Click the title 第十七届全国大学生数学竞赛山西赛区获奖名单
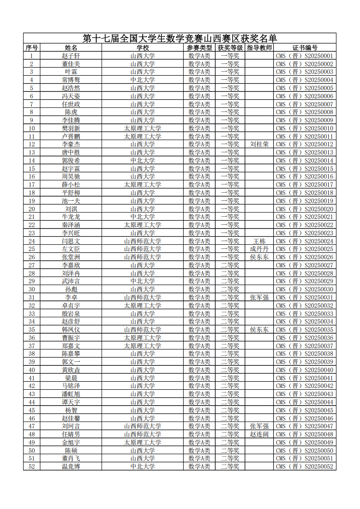pos(180,39)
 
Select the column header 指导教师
pos(259,48)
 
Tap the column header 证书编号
pos(305,48)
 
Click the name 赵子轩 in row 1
pos(71,56)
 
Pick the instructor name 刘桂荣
pos(259,144)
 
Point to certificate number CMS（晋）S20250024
pos(305,241)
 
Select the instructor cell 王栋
pos(259,241)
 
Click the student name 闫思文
pos(71,241)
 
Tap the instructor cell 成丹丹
pos(259,249)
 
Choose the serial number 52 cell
pos(32,466)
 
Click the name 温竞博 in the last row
pos(71,466)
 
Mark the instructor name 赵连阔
pos(259,434)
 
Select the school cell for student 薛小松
pos(143,184)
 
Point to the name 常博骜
pos(71,80)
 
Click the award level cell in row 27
pos(230,265)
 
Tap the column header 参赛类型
pos(199,48)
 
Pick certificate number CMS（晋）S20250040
pos(305,370)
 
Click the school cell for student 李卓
pos(143,297)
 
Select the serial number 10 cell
pos(32,128)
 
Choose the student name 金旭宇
pos(71,442)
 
